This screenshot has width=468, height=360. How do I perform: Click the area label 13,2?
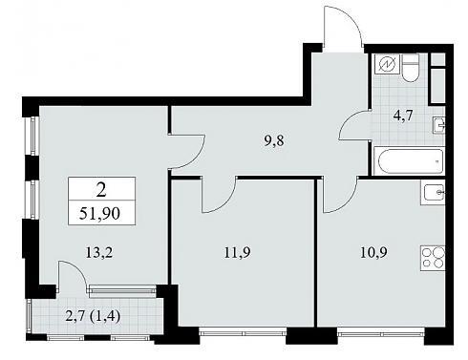pyautogui.click(x=99, y=253)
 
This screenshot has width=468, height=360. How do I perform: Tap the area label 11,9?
pyautogui.click(x=237, y=253)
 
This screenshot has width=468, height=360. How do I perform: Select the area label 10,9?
pyautogui.click(x=373, y=253)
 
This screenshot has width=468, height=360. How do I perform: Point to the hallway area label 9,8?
pyautogui.click(x=274, y=140)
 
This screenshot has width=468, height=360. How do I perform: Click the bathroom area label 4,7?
pyautogui.click(x=403, y=116)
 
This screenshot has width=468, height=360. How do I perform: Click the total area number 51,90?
pyautogui.click(x=99, y=213)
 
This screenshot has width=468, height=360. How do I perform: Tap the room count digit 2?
pyautogui.click(x=101, y=190)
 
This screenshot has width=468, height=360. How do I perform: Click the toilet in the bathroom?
pyautogui.click(x=410, y=68)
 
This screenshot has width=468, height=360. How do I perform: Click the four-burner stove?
pyautogui.click(x=433, y=258)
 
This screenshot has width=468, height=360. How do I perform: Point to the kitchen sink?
pyautogui.click(x=435, y=192)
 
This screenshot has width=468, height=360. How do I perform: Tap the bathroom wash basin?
pyautogui.click(x=438, y=125)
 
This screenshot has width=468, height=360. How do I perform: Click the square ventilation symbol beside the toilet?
pyautogui.click(x=388, y=65)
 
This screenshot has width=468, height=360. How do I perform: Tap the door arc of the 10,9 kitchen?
pyautogui.click(x=349, y=201)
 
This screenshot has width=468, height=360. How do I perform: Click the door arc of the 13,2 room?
pyautogui.click(x=198, y=159)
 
